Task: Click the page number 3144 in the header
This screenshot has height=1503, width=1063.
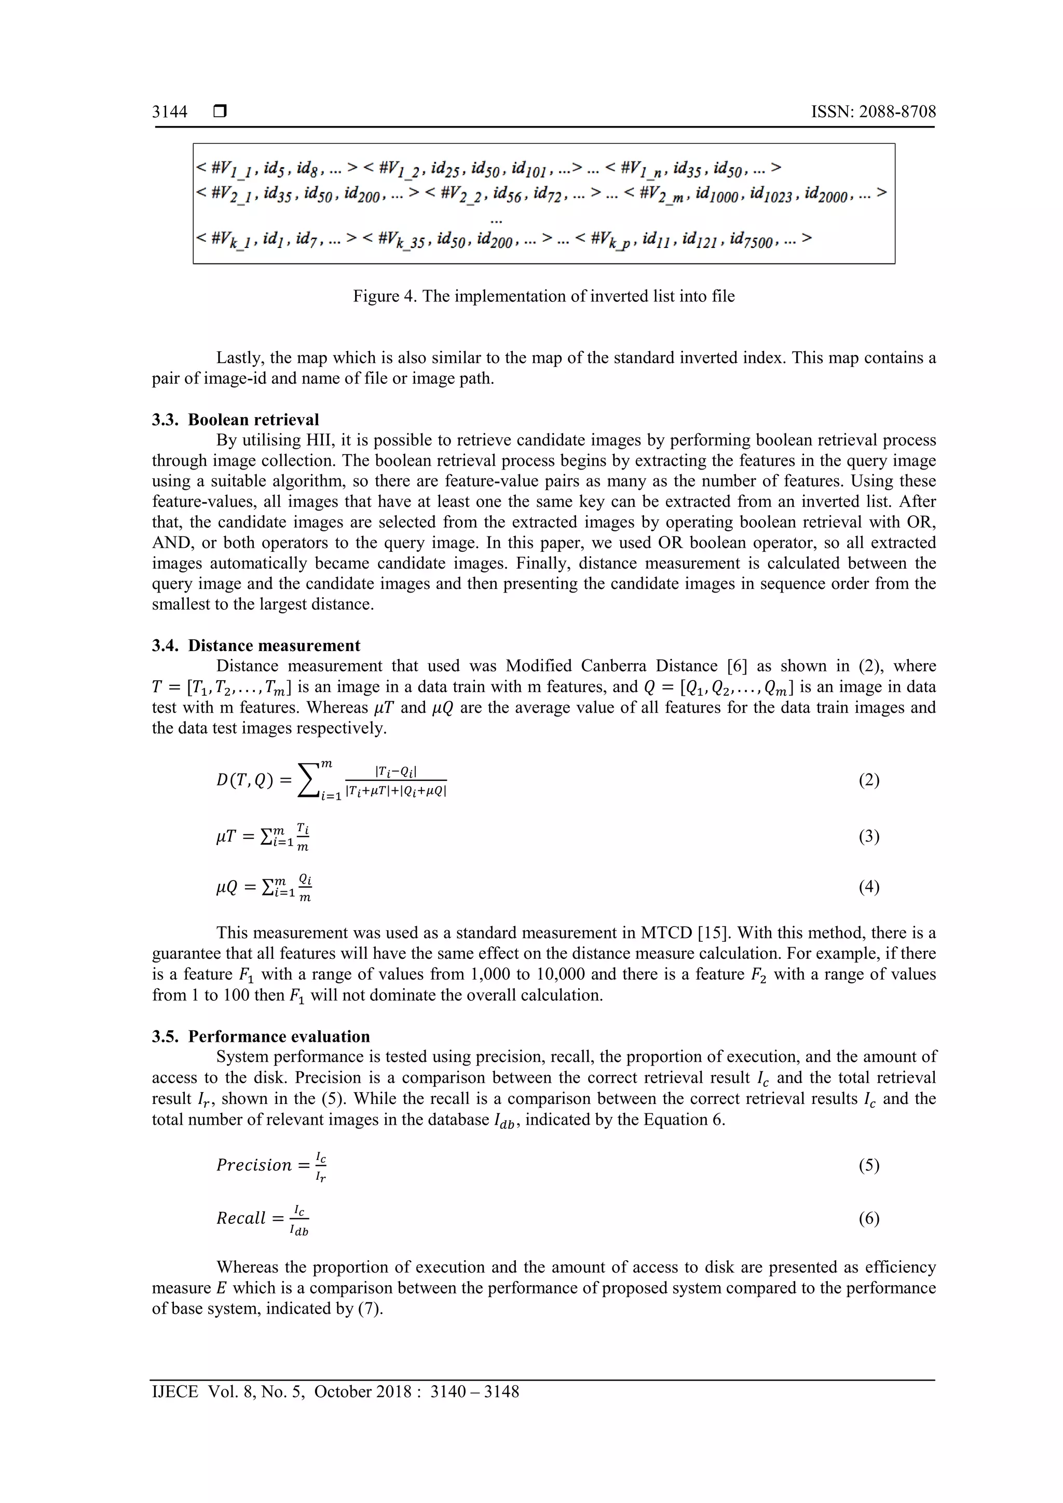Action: click(170, 112)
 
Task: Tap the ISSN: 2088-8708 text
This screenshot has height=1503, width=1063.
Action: click(873, 112)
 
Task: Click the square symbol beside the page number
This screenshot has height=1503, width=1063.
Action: click(220, 112)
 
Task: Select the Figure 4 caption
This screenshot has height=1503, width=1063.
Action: click(543, 297)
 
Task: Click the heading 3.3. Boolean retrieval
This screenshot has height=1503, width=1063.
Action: click(236, 420)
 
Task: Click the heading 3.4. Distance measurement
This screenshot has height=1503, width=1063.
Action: click(256, 645)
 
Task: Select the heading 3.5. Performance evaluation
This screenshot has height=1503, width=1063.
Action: click(261, 1036)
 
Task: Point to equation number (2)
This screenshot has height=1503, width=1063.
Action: click(868, 780)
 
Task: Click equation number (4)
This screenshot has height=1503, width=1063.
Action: click(868, 887)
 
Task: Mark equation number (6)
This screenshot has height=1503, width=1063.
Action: click(868, 1218)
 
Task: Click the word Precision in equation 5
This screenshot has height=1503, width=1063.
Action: click(253, 1165)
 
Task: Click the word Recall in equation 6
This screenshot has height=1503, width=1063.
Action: click(240, 1218)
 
